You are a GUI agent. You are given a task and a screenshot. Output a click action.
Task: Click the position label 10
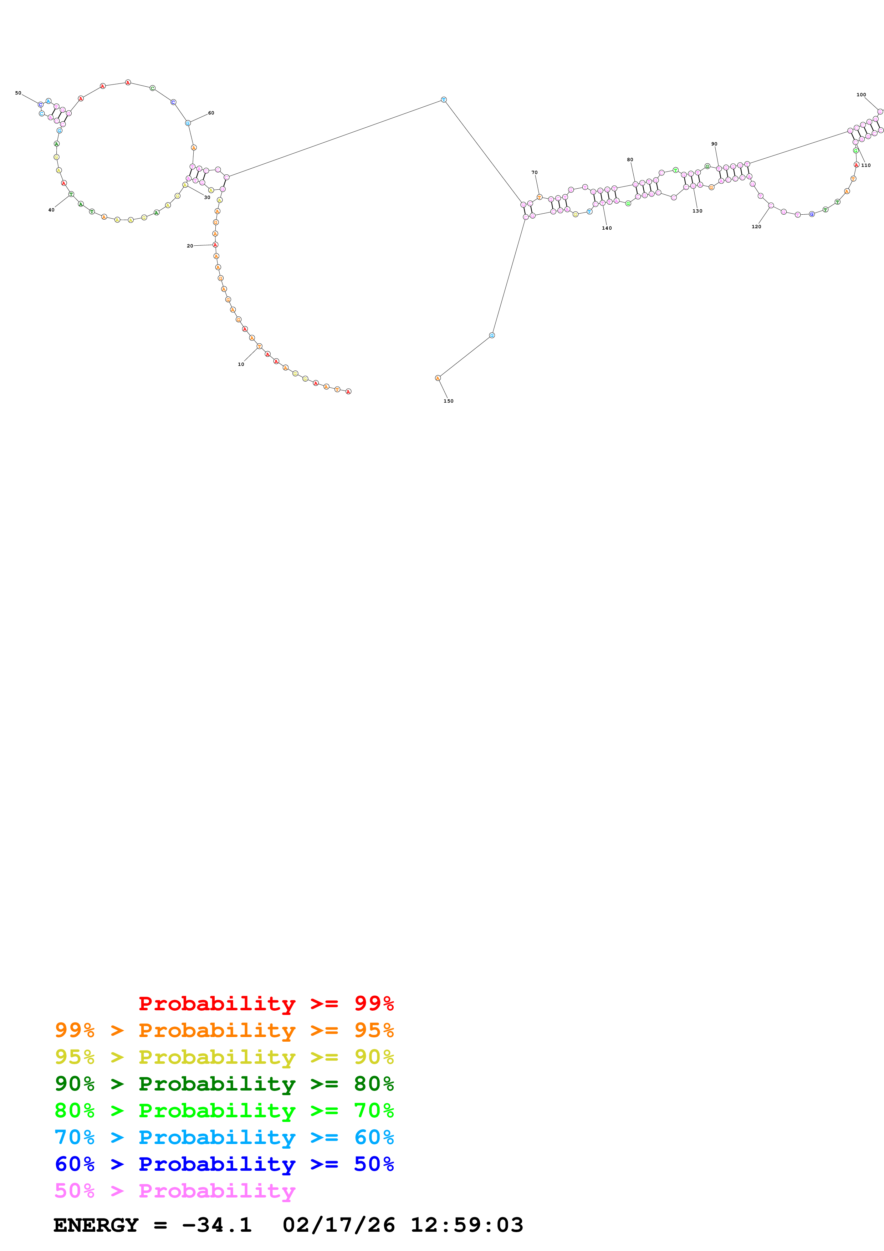pyautogui.click(x=241, y=364)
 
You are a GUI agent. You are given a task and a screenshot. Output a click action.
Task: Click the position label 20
pyautogui.click(x=190, y=246)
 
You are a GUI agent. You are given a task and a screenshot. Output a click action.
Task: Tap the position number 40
pyautogui.click(x=51, y=210)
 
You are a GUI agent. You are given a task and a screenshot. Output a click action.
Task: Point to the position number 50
pyautogui.click(x=18, y=93)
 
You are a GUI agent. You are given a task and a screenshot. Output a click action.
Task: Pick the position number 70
pyautogui.click(x=534, y=173)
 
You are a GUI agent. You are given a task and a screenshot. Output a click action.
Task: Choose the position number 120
pyautogui.click(x=756, y=227)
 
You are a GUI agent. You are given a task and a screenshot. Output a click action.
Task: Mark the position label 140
pyautogui.click(x=607, y=228)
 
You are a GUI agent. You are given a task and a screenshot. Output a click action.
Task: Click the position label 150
pyautogui.click(x=448, y=401)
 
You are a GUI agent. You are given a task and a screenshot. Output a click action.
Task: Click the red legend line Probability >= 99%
pyautogui.click(x=266, y=1004)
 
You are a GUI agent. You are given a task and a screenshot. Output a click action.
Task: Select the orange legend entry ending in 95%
pyautogui.click(x=224, y=1030)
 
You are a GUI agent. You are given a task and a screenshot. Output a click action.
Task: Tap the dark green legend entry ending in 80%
pyautogui.click(x=224, y=1084)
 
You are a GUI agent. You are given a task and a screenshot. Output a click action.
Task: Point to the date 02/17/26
pyautogui.click(x=338, y=1225)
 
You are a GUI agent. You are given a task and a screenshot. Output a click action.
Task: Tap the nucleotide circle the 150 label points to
pyautogui.click(x=438, y=378)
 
